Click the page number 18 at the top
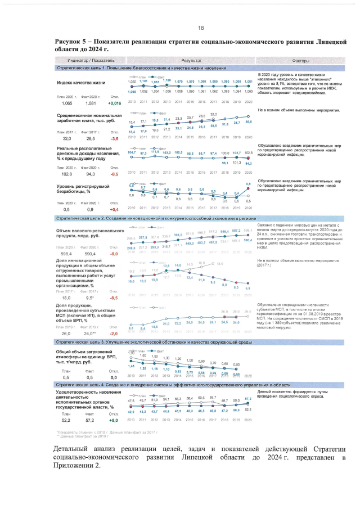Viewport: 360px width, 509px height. click(x=200, y=28)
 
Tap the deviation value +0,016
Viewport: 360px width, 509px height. click(x=114, y=103)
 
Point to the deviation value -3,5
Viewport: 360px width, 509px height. click(x=114, y=138)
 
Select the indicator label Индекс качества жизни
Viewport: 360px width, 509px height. click(x=81, y=83)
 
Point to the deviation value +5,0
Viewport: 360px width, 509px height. click(x=114, y=420)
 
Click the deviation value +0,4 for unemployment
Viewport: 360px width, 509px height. click(x=114, y=209)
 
